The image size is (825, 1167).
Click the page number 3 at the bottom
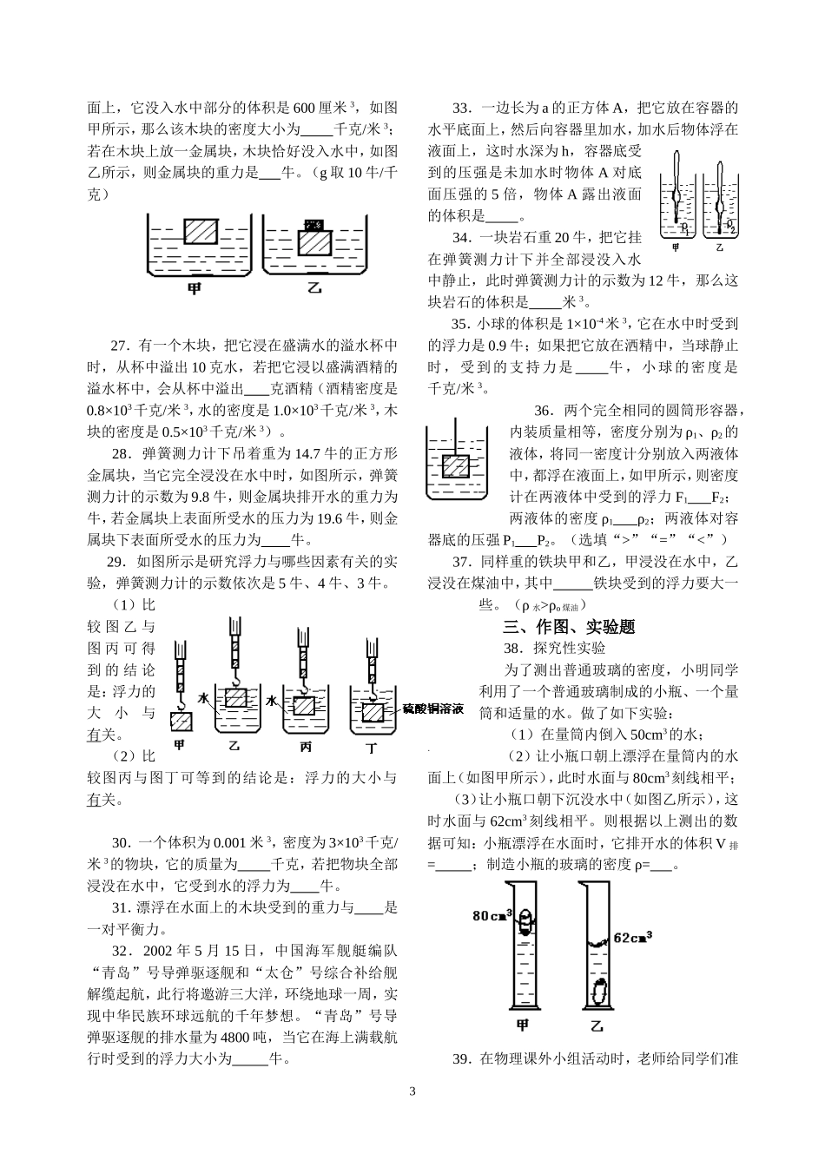[x=412, y=1091]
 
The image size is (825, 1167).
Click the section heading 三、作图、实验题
[x=569, y=626]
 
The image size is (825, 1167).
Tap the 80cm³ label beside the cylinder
[x=492, y=915]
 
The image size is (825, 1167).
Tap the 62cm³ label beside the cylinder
[x=633, y=937]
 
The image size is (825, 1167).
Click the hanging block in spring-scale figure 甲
[x=182, y=721]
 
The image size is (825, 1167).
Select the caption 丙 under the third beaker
[x=303, y=746]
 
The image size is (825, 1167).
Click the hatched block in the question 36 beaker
[x=455, y=465]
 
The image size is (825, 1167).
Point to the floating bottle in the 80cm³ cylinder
[x=524, y=926]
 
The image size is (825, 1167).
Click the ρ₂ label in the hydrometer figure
[x=730, y=227]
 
